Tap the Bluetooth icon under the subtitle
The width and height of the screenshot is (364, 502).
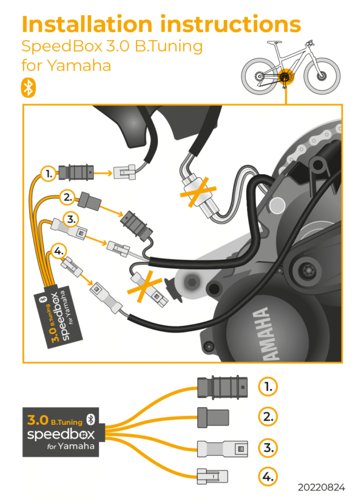tap(28, 87)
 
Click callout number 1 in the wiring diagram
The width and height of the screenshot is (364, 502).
tap(48, 174)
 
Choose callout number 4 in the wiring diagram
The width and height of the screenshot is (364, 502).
tap(58, 249)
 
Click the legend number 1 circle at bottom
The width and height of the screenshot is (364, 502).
tap(267, 385)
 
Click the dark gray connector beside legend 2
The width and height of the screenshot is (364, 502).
tap(214, 417)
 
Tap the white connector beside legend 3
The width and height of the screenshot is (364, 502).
tap(223, 449)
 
